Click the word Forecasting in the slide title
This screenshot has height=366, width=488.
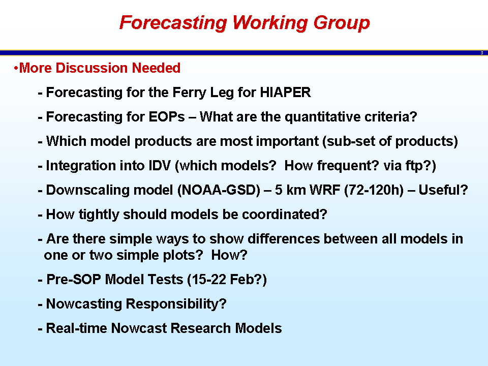point(173,23)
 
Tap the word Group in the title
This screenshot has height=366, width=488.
point(342,23)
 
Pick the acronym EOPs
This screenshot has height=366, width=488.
point(167,117)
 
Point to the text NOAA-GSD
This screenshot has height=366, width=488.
point(219,190)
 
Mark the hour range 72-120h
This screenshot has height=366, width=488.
point(374,190)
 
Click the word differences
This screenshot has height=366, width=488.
point(284,239)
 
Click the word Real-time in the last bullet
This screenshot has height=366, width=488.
point(77,328)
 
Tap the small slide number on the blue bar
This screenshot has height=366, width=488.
point(482,53)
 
